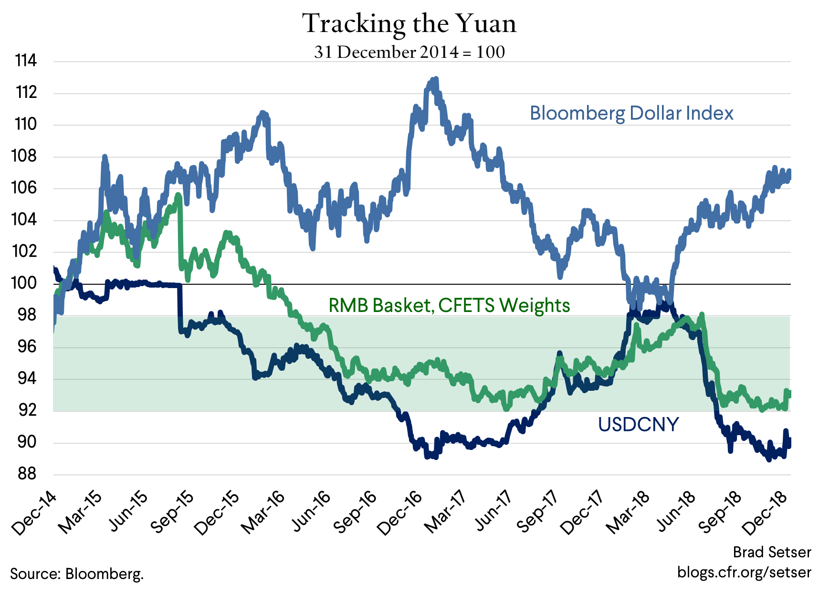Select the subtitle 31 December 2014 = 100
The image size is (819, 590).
click(x=409, y=52)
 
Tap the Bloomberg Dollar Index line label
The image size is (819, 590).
click(x=631, y=113)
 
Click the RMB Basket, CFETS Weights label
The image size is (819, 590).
click(x=449, y=305)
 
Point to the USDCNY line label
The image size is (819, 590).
click(x=638, y=424)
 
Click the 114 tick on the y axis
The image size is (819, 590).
click(x=26, y=61)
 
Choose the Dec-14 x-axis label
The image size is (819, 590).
click(x=33, y=514)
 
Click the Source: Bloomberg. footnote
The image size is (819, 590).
click(x=77, y=573)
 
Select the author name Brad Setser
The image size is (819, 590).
click(x=772, y=552)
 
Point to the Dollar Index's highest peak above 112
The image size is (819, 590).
click(x=435, y=79)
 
